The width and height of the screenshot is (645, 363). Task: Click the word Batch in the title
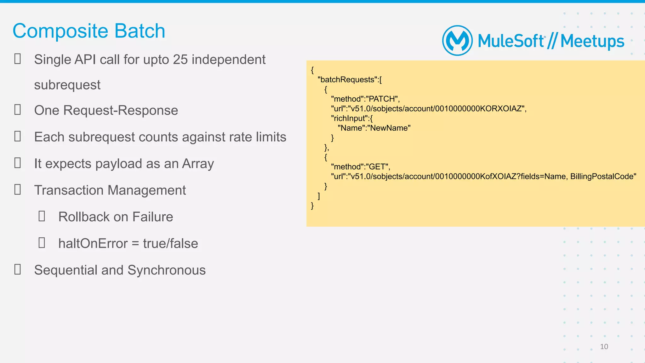(140, 31)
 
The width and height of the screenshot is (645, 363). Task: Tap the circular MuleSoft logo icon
(457, 41)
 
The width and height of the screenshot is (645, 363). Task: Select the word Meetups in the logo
(592, 41)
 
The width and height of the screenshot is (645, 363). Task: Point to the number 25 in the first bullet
(180, 60)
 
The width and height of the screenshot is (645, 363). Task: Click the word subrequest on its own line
(67, 85)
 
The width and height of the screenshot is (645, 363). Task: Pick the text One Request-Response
(106, 111)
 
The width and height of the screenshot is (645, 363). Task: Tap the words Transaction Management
(110, 190)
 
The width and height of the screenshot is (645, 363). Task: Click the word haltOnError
(93, 244)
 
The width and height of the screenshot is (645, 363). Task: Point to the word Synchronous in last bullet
(166, 270)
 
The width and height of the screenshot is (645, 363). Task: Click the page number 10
(604, 347)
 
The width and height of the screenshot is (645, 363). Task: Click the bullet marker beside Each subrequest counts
(18, 136)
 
